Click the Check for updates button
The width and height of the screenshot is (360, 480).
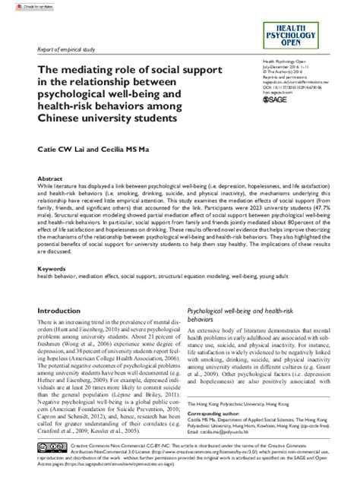pos(17,5)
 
